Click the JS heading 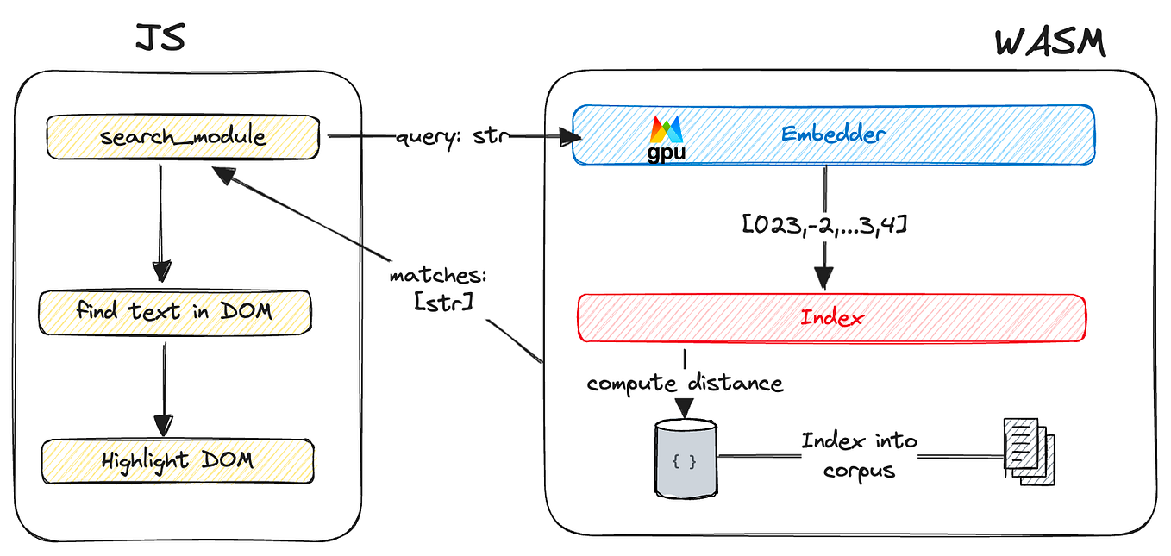pos(160,38)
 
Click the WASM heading pos(1050,43)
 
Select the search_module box pos(183,137)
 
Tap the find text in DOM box pos(175,312)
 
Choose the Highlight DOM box pos(178,461)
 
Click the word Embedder pos(833,134)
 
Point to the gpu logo pos(666,139)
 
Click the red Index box pos(832,318)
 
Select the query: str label pos(452,137)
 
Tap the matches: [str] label pos(439,289)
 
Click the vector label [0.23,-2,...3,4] pos(824,225)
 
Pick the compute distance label pos(685,384)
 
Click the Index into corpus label pos(860,455)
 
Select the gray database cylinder pos(686,458)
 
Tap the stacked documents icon pos(1029,452)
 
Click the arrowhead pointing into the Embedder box pos(570,137)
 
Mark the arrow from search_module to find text pos(161,223)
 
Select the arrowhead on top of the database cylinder pos(685,408)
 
